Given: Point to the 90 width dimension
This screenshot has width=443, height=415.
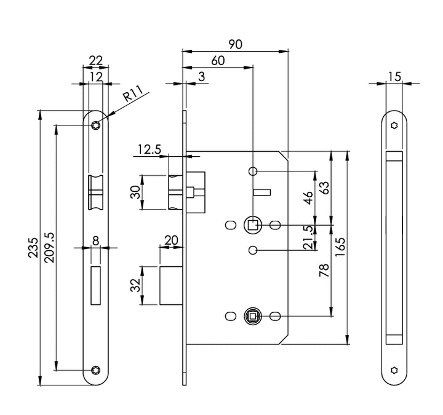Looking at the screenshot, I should click(x=235, y=44).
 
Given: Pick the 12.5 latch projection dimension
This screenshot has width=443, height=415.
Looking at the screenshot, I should click(x=149, y=149).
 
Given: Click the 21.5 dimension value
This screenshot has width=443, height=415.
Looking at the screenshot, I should click(x=309, y=237).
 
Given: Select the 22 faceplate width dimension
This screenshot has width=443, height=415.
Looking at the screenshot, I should click(x=95, y=60).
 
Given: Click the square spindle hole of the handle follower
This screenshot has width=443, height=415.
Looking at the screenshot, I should click(x=252, y=225).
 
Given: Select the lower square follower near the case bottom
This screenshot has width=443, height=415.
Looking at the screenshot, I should click(x=252, y=316).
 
